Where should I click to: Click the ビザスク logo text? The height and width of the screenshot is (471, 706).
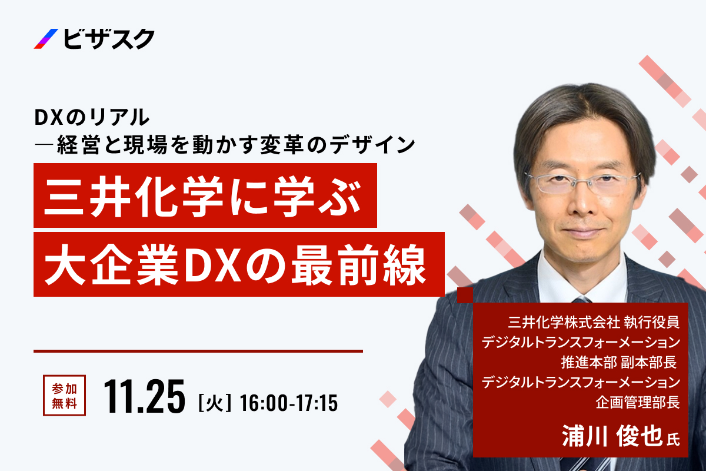pyautogui.click(x=109, y=39)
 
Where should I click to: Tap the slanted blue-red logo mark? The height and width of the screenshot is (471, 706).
pyautogui.click(x=46, y=39)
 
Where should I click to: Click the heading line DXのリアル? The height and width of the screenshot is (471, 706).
pyautogui.click(x=92, y=117)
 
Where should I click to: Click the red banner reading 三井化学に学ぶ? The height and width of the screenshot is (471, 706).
pyautogui.click(x=205, y=195)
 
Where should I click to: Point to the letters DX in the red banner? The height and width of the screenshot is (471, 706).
pyautogui.click(x=214, y=265)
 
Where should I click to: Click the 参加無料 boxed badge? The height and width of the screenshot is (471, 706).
pyautogui.click(x=64, y=395)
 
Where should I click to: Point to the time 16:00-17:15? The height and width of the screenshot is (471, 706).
pyautogui.click(x=289, y=403)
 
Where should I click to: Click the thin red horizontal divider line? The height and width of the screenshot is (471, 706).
pyautogui.click(x=198, y=351)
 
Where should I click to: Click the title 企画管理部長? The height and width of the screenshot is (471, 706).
pyautogui.click(x=638, y=403)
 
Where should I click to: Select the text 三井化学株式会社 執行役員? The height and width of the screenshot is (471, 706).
pyautogui.click(x=594, y=322)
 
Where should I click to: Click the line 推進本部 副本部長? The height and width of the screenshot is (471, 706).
pyautogui.click(x=619, y=363)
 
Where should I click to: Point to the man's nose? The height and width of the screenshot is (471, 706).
pyautogui.click(x=581, y=202)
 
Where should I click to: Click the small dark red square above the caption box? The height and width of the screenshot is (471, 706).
pyautogui.click(x=465, y=296)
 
